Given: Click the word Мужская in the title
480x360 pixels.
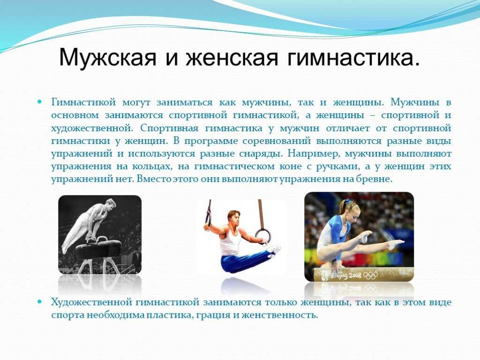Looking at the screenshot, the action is [108, 57].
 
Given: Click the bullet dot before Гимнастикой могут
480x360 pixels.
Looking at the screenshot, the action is [39, 101].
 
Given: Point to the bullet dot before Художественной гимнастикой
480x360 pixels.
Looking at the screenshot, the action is [39, 301].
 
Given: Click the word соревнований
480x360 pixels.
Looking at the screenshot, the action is [277, 141].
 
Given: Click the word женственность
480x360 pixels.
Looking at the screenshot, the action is [280, 315].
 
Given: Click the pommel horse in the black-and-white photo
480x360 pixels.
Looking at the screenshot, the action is [98, 248].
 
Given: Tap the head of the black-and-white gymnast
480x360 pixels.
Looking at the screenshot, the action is [110, 204].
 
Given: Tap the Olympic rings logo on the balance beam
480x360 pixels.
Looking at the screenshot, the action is [370, 275].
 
